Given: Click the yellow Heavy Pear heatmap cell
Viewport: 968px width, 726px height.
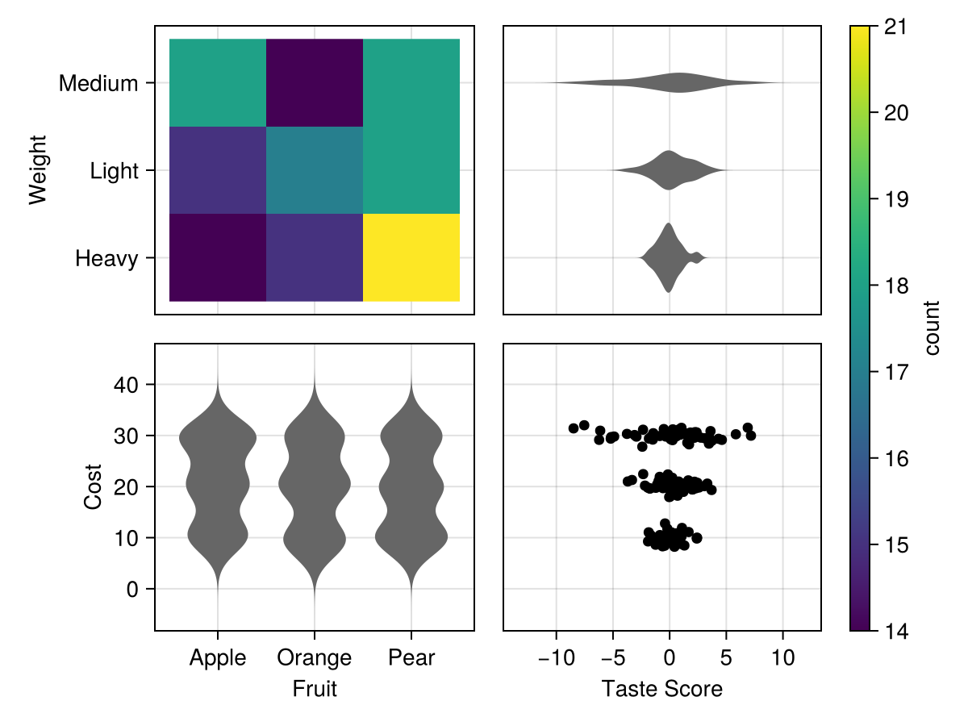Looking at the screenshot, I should (411, 257).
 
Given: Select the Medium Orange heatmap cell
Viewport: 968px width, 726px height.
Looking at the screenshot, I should (315, 82).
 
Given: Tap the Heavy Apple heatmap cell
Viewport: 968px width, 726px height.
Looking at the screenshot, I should (218, 257).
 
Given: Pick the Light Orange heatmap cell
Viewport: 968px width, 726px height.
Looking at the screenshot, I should (315, 170).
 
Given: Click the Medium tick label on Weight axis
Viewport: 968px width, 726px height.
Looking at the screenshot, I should (98, 83).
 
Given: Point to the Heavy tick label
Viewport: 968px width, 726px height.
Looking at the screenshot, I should (106, 259).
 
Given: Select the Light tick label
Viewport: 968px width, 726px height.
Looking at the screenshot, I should (115, 171).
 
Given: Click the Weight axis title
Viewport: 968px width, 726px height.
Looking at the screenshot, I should (38, 170).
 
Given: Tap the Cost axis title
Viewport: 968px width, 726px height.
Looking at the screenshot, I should (93, 486).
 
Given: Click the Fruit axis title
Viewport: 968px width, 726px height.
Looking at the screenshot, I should (315, 689).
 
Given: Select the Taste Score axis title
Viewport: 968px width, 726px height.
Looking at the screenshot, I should (662, 689).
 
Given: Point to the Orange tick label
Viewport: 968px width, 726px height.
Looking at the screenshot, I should (315, 658).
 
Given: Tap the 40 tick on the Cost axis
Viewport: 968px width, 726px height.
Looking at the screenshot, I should (126, 385).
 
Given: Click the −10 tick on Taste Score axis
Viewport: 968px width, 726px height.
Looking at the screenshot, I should (556, 658).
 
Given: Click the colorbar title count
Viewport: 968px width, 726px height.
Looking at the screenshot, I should (933, 328).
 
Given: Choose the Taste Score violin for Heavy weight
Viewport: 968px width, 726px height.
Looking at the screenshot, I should (669, 257).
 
